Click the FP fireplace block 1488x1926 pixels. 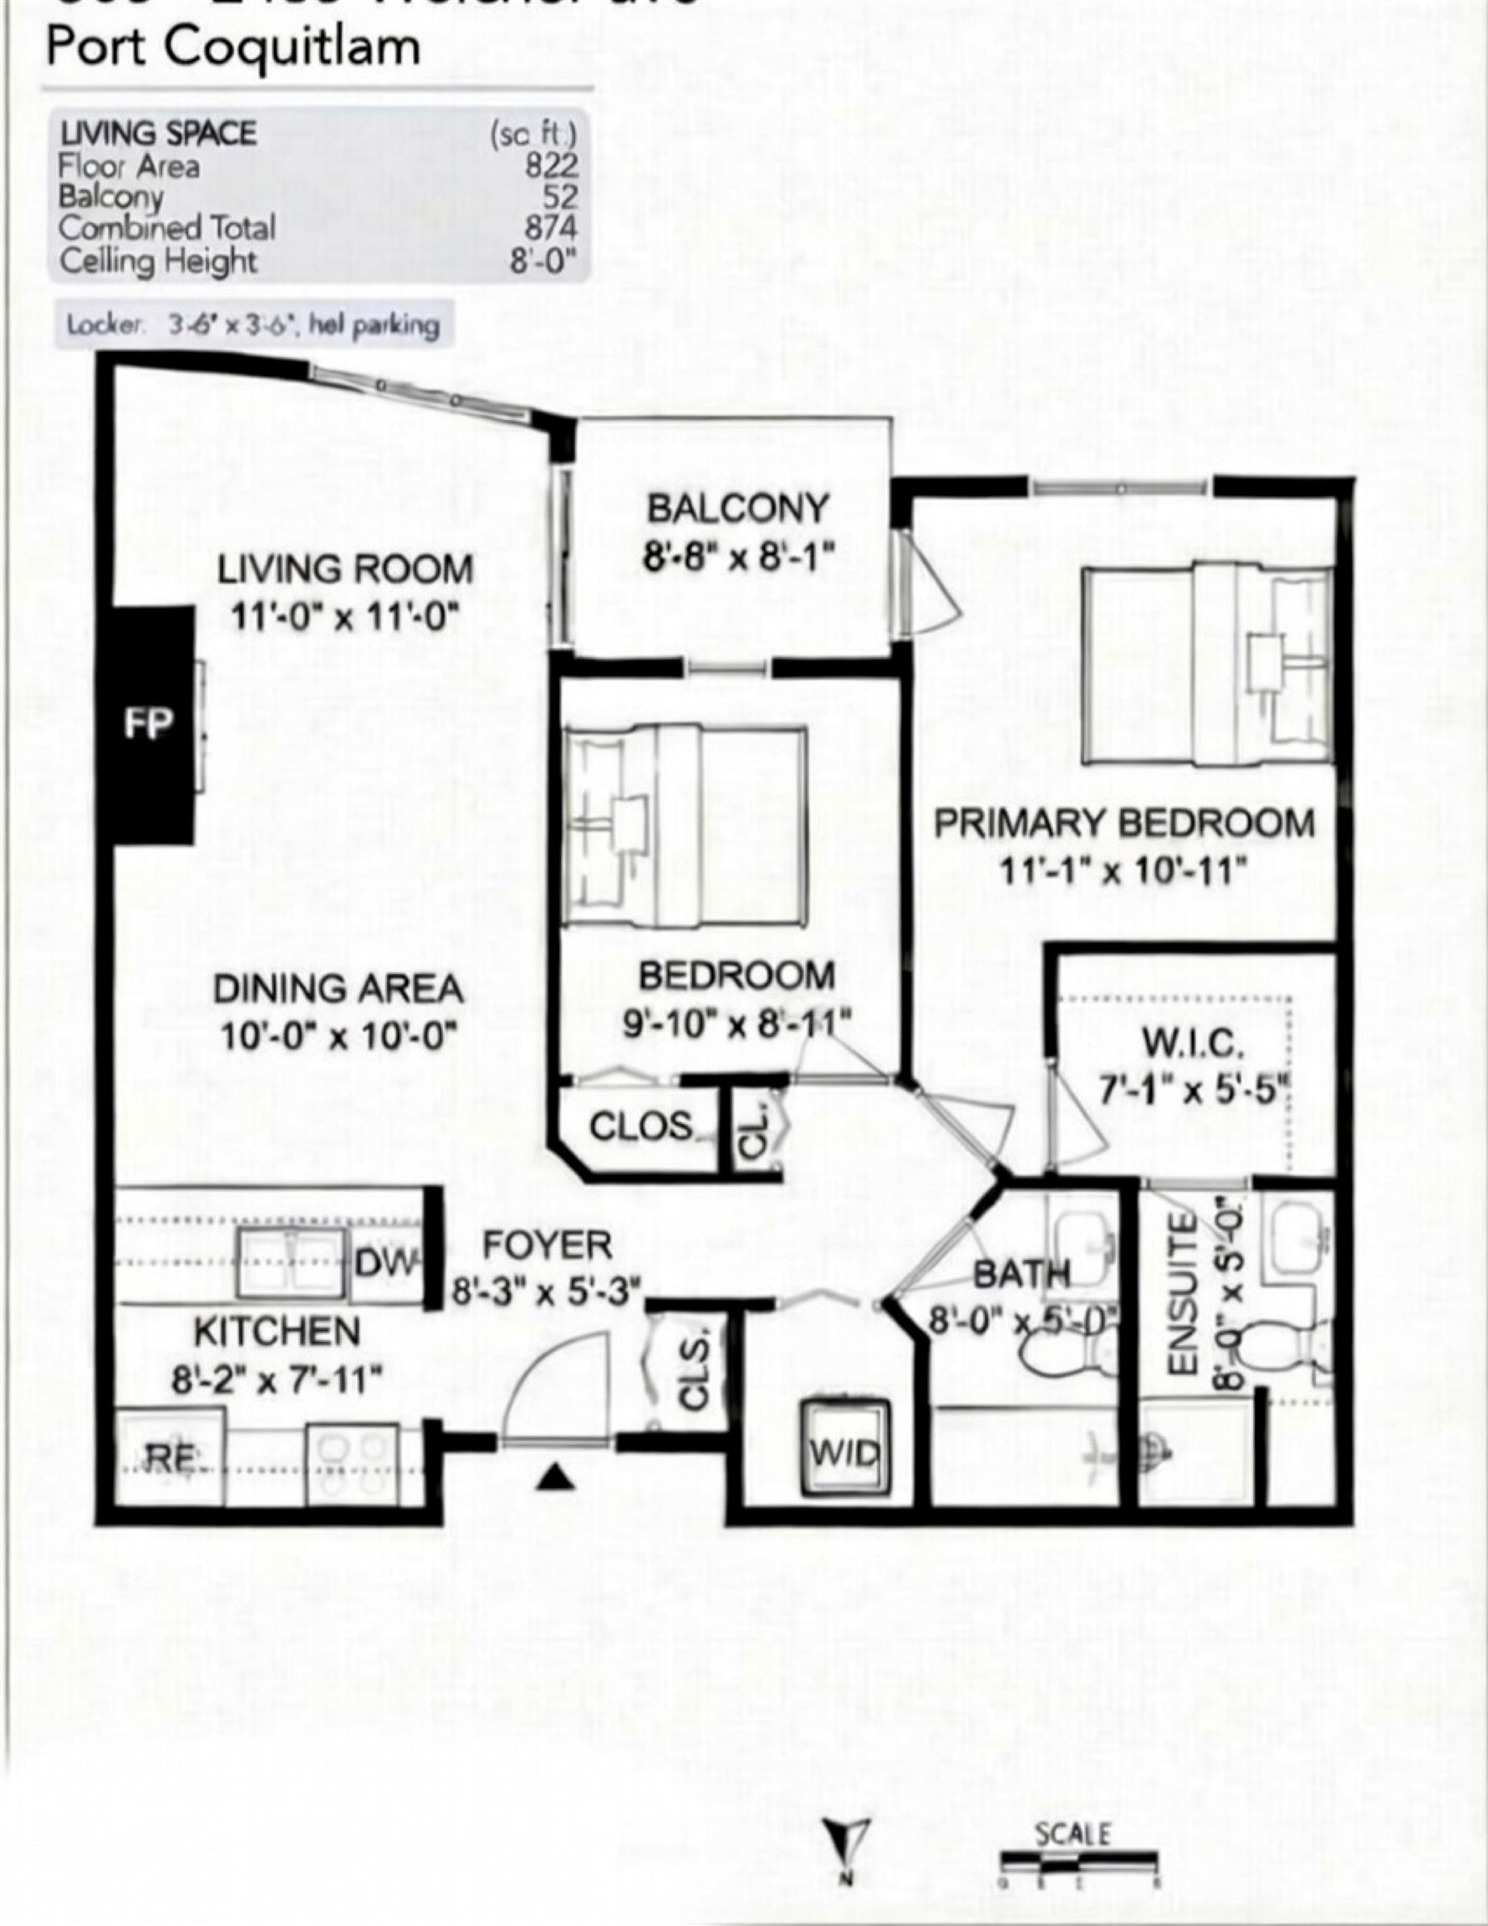148,725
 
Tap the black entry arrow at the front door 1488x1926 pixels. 554,1476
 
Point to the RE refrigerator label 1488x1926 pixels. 171,1458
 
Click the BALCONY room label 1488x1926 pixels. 737,509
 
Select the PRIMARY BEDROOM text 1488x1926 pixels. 1124,823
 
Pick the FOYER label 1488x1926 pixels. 547,1246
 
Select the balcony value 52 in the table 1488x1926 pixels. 560,196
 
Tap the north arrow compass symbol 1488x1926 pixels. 847,1840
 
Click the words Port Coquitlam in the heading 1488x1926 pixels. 233,46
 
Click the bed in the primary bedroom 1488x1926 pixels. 1206,663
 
